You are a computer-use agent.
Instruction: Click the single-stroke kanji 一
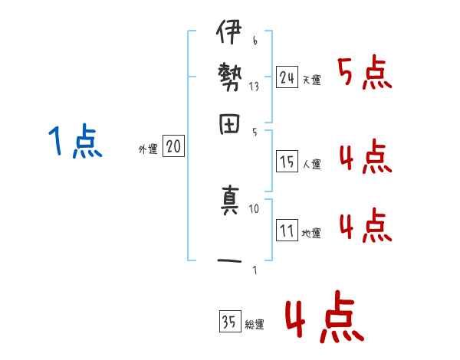point(229,261)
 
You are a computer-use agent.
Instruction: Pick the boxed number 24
point(287,77)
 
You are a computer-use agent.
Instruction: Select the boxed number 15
point(287,161)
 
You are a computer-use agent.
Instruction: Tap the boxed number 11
point(287,230)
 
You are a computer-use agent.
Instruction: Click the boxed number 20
point(173,146)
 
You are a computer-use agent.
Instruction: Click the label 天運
point(311,80)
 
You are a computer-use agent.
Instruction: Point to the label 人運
point(311,163)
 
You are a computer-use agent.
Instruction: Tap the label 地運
point(311,233)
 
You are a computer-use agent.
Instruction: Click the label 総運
point(255,324)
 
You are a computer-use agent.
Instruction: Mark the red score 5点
point(364,74)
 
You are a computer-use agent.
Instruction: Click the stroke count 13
point(255,87)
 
